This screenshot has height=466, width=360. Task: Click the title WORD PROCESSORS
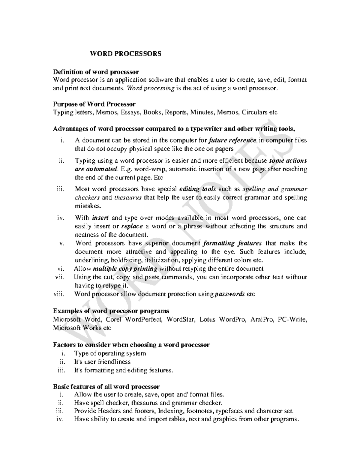point(126,54)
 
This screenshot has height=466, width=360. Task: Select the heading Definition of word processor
point(96,72)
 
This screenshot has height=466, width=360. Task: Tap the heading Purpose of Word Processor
point(94,104)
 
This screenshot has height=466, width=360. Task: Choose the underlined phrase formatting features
point(232,243)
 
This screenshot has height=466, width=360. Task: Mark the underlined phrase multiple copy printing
point(125,269)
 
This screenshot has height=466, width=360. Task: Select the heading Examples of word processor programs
point(111,311)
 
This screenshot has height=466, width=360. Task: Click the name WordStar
point(178,319)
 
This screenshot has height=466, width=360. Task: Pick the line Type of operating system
point(110,353)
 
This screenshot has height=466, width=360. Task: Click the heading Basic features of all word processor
point(106,386)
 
